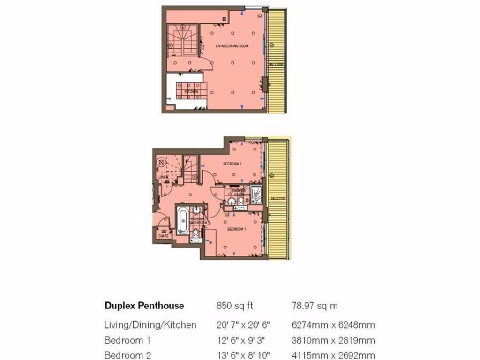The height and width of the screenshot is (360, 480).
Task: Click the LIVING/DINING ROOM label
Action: coord(232,46)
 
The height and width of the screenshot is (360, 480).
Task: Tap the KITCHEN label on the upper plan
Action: coord(191,92)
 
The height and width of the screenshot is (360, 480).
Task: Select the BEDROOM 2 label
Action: coord(232,164)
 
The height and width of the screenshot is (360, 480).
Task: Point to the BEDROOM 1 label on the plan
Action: coord(236,229)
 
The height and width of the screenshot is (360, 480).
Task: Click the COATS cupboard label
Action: coord(163,236)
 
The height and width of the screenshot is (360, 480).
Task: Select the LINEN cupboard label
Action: coord(163,177)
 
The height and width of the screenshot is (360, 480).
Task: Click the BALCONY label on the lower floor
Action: coord(278,198)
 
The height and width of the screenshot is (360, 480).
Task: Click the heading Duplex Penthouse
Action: coord(143,306)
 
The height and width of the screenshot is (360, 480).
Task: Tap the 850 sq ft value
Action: coord(234,306)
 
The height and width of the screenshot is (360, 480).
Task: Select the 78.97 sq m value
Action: coord(315,306)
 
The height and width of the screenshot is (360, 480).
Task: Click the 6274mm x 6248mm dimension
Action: coord(333,325)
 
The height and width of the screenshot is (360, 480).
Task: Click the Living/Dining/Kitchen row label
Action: coord(150,325)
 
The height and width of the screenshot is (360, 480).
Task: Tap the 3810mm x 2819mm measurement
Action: coord(333,340)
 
